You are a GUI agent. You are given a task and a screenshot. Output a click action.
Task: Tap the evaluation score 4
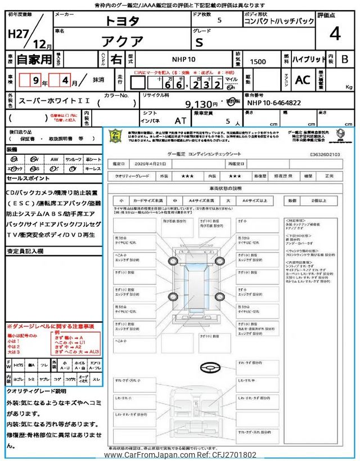335,34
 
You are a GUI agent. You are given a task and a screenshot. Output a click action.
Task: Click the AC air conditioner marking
303,80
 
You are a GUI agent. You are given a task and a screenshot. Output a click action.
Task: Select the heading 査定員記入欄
25,252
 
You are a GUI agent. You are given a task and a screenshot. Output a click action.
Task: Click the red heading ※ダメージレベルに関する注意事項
50,326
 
